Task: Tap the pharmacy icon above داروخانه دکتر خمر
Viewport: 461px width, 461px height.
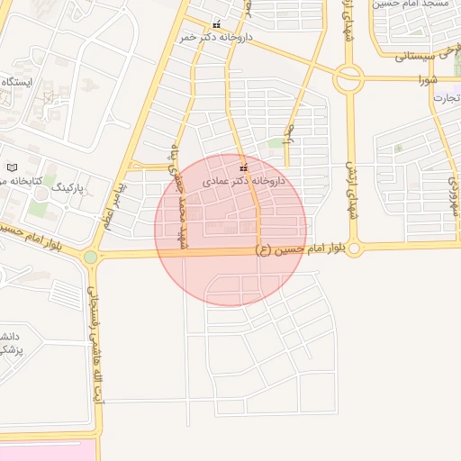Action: click(215, 25)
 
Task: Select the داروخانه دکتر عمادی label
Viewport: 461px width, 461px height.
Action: click(242, 181)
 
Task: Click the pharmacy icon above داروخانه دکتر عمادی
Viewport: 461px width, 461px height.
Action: click(243, 168)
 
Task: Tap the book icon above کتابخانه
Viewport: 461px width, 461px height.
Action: click(12, 167)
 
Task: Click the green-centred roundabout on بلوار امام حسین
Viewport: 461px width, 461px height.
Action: click(90, 258)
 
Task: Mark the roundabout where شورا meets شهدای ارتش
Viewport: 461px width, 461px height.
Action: click(348, 79)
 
